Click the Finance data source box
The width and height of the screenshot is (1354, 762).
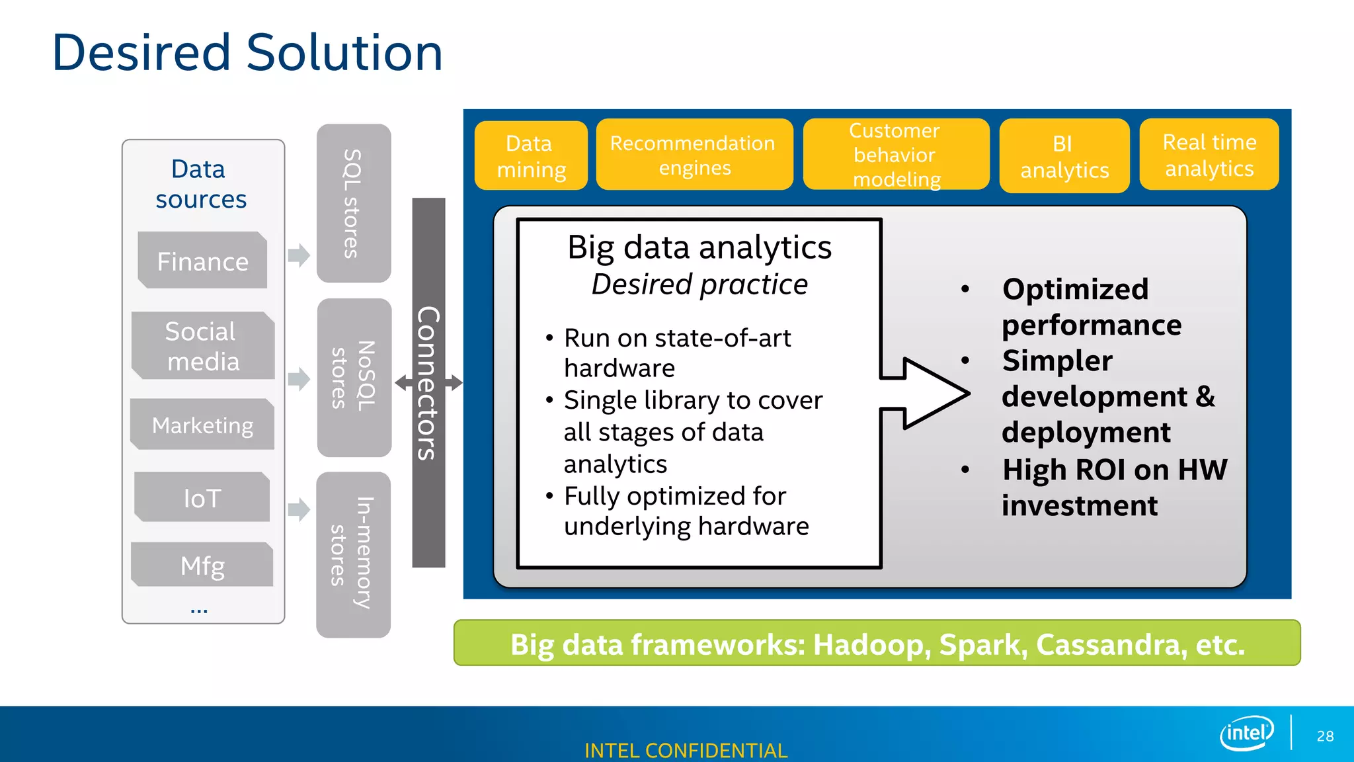coord(202,261)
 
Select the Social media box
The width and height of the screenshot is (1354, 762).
coord(202,346)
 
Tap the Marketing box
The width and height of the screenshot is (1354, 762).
coord(202,425)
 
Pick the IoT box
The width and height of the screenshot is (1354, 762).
coord(202,497)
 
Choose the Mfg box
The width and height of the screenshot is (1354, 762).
coord(202,566)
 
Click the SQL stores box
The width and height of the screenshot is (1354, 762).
coord(354,203)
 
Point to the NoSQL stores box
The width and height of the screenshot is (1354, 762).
coord(354,377)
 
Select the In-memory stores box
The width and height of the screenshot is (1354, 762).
coord(353,554)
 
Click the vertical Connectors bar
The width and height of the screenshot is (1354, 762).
coord(428,382)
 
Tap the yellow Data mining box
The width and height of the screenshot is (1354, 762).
coord(531,156)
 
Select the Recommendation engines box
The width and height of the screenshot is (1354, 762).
coord(694,155)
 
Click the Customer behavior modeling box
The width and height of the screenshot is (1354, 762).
coord(895,155)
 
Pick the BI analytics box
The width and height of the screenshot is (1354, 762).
coord(1064,156)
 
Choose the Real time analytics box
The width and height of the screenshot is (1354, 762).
coord(1209,155)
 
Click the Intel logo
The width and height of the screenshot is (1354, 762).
coord(1246,733)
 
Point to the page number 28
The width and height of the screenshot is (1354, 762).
coord(1325,736)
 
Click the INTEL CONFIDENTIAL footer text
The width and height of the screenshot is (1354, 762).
coord(686,751)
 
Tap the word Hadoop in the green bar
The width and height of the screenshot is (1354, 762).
coord(871,644)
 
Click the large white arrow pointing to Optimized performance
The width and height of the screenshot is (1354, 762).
coord(929,394)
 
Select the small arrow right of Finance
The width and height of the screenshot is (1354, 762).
coord(299,255)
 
